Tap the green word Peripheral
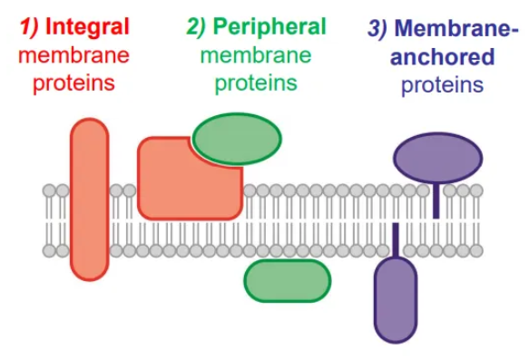coord(269,27)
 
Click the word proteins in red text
coord(74,85)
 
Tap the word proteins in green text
coord(256,85)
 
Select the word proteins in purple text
coord(443,85)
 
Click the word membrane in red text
coord(74,56)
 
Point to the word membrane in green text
coord(256,56)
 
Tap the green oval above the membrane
coord(238,139)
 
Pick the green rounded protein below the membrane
coord(287,280)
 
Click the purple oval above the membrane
coord(437,157)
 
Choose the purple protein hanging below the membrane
coord(397,299)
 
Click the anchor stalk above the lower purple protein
coord(396,240)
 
